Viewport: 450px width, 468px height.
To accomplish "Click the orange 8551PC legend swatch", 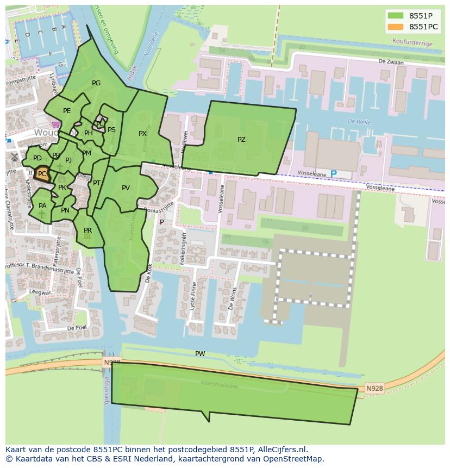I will [396, 27].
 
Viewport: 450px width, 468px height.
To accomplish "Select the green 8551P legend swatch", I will [396, 15].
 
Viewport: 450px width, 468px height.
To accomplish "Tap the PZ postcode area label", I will [241, 140].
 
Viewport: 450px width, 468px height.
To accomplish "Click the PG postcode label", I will [96, 83].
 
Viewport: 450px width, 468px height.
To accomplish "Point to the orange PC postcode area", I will [42, 174].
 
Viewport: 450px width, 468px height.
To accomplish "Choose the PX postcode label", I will [142, 133].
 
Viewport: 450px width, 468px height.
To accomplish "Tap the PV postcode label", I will [126, 188].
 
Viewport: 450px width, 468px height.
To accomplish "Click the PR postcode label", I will [87, 230].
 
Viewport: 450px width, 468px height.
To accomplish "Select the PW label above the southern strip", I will [200, 354].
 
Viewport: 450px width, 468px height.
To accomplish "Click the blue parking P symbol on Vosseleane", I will [334, 174].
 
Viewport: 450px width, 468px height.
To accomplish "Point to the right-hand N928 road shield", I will [374, 388].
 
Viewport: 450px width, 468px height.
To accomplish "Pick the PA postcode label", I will [42, 206].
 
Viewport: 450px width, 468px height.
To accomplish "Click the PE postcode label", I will [67, 111].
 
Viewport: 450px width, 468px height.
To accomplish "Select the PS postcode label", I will [111, 130].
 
